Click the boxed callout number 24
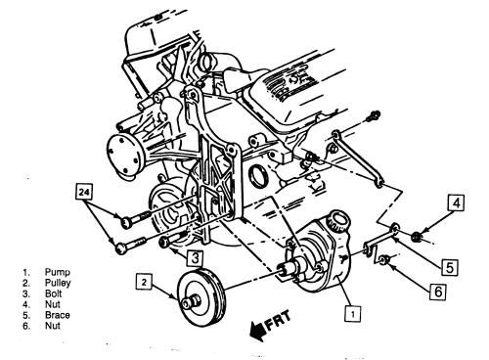pyautogui.click(x=84, y=192)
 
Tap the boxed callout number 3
pyautogui.click(x=195, y=257)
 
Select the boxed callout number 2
pyautogui.click(x=145, y=282)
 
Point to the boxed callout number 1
pyautogui.click(x=353, y=313)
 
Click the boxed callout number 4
pyautogui.click(x=456, y=202)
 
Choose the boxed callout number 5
pyautogui.click(x=450, y=267)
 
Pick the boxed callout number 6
pyautogui.click(x=437, y=292)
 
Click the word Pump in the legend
pyautogui.click(x=58, y=272)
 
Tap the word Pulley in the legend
pyautogui.click(x=58, y=283)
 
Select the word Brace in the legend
pyautogui.click(x=58, y=315)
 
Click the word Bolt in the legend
pyautogui.click(x=54, y=293)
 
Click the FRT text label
pyautogui.click(x=278, y=321)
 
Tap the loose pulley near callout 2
pyautogui.click(x=201, y=297)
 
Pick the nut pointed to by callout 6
pyautogui.click(x=382, y=260)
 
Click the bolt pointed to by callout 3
pyautogui.click(x=173, y=239)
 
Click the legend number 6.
pyautogui.click(x=26, y=326)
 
